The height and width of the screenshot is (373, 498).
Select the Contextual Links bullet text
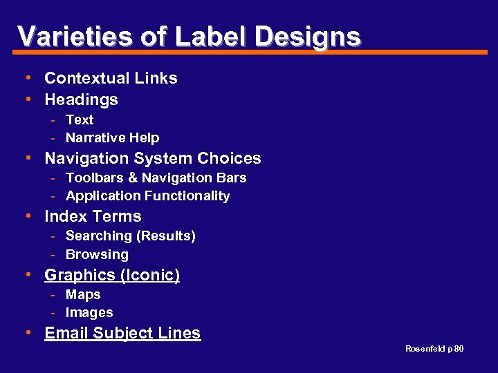click(111, 78)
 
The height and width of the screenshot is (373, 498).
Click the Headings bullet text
click(81, 99)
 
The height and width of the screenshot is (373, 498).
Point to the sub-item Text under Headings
click(80, 119)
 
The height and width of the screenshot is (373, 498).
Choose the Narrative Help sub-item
click(112, 137)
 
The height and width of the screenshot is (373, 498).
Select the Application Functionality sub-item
click(147, 195)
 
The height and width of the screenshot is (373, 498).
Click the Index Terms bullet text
click(93, 216)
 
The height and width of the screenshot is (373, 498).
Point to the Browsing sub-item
click(97, 254)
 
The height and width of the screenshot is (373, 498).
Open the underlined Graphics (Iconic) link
click(112, 275)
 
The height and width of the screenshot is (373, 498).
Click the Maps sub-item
click(83, 294)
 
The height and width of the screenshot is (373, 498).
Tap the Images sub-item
click(89, 312)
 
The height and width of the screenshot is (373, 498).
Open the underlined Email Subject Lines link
click(122, 333)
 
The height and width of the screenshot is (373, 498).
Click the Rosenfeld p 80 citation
click(434, 349)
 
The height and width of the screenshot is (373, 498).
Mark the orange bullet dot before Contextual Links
click(27, 77)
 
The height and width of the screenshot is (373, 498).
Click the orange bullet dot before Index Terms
click(27, 216)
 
